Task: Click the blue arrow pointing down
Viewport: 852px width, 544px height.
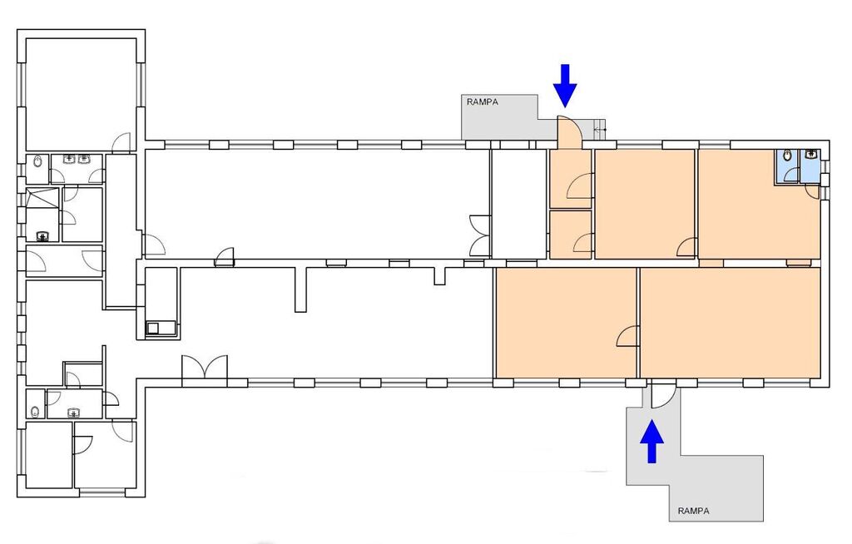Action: click(565, 86)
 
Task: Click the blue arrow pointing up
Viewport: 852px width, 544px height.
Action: click(651, 443)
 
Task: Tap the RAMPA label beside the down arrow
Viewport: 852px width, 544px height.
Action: click(482, 101)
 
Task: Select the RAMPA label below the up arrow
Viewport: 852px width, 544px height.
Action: click(693, 511)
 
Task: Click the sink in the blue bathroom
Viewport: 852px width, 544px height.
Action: click(812, 154)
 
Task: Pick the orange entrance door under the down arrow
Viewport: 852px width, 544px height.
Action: click(570, 132)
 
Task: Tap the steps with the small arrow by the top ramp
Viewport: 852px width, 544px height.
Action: click(599, 129)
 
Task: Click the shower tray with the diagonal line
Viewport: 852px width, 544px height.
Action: click(42, 198)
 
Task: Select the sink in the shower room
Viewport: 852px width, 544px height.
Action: click(43, 236)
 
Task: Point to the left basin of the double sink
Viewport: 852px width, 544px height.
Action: click(70, 159)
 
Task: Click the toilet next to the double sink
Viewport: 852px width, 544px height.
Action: click(37, 162)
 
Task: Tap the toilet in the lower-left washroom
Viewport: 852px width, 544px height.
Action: click(35, 412)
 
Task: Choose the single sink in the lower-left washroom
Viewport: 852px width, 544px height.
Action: click(74, 413)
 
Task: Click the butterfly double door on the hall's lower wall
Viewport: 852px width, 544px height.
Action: click(205, 368)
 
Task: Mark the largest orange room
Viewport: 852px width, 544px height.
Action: click(730, 322)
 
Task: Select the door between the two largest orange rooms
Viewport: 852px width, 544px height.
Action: click(628, 337)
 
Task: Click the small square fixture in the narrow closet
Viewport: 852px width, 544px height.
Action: click(153, 328)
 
